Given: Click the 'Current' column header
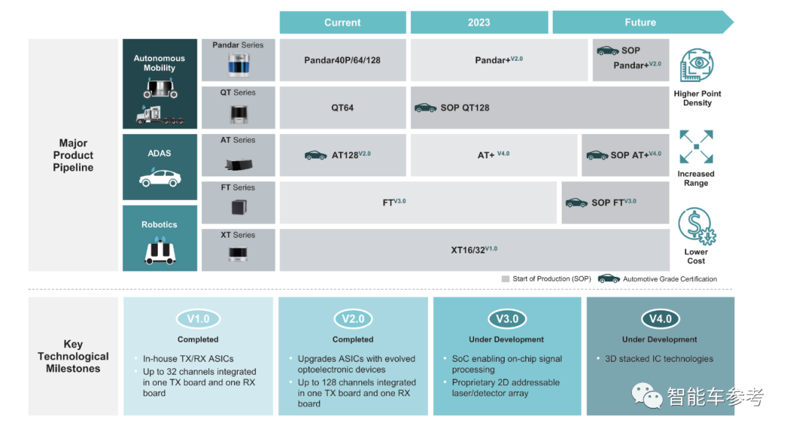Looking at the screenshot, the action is pyautogui.click(x=342, y=23).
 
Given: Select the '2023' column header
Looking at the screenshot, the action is pyautogui.click(x=479, y=23).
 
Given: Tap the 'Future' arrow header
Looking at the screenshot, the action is pyautogui.click(x=640, y=23).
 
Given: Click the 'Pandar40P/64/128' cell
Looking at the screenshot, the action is pyautogui.click(x=342, y=60).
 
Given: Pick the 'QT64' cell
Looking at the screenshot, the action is pyautogui.click(x=342, y=108).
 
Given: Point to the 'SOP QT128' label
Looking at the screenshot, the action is pyautogui.click(x=464, y=108).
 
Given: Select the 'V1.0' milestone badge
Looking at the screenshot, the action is pyautogui.click(x=198, y=319).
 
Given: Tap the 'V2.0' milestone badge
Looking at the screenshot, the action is pyautogui.click(x=353, y=319).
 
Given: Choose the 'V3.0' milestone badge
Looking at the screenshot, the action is pyautogui.click(x=507, y=319).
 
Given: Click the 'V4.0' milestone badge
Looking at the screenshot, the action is pyautogui.click(x=661, y=319).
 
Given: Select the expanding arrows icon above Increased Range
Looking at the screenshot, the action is pyautogui.click(x=696, y=147).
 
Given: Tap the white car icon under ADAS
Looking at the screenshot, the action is pyautogui.click(x=159, y=178).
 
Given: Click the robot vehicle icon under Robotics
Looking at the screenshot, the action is pyautogui.click(x=159, y=252).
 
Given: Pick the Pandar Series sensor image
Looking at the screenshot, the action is pyautogui.click(x=238, y=65).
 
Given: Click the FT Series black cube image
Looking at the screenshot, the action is pyautogui.click(x=238, y=206).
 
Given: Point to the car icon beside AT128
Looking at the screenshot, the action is pyautogui.click(x=316, y=155).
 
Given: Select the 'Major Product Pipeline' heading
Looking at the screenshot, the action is pyautogui.click(x=73, y=155).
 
